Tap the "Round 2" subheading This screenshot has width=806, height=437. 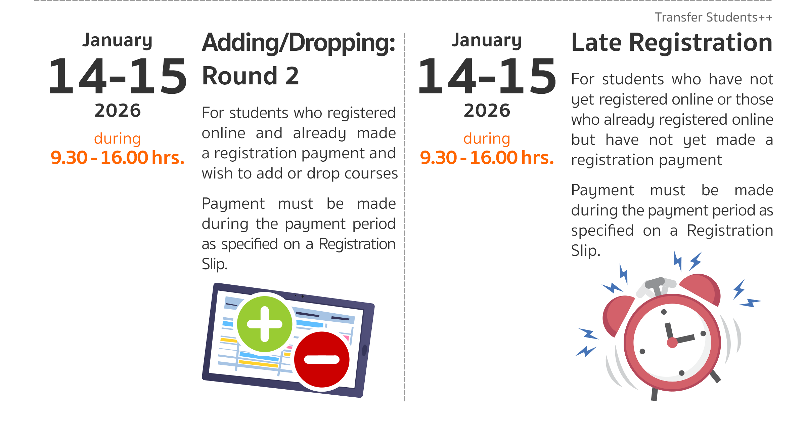point(251,76)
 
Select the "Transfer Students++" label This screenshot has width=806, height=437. point(714,17)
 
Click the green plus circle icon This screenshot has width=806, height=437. point(265,324)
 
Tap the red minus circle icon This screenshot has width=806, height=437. point(322,359)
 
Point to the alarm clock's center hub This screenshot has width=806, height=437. point(672,343)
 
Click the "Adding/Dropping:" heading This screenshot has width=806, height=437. point(299,43)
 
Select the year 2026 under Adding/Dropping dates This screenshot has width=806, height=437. point(118,111)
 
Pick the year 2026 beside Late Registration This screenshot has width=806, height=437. point(487,111)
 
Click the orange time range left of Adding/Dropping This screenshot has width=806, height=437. point(118,157)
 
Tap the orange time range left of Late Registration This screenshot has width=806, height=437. point(487,157)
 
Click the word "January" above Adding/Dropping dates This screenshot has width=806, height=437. point(118,41)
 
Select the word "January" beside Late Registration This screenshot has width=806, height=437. point(487,41)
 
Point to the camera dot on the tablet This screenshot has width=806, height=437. point(302,296)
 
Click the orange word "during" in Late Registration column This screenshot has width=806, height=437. point(487,139)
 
